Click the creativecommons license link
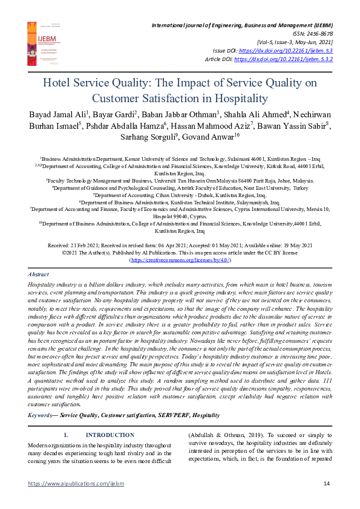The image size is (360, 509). coord(180,260)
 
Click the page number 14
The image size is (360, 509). coord(326,483)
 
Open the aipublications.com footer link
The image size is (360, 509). coord(67,483)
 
